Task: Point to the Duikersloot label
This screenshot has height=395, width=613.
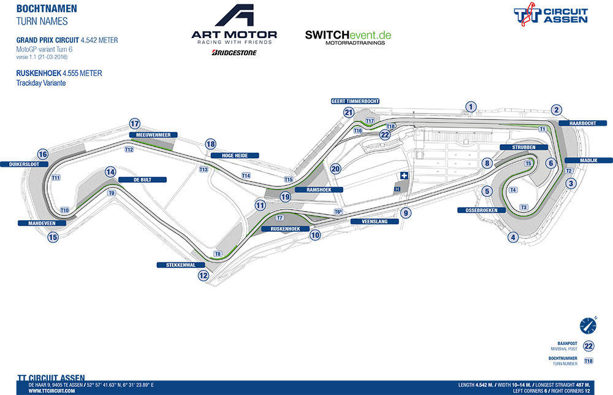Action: pyautogui.click(x=25, y=164)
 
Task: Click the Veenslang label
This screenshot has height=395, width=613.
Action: pyautogui.click(x=370, y=221)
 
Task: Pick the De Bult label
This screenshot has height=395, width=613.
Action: pyautogui.click(x=142, y=180)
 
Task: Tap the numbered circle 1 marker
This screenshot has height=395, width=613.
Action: pyautogui.click(x=470, y=107)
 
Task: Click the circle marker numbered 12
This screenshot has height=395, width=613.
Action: pyautogui.click(x=204, y=276)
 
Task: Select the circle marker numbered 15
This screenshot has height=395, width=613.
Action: pyautogui.click(x=53, y=237)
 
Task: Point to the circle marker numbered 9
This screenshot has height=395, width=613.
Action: pyautogui.click(x=405, y=213)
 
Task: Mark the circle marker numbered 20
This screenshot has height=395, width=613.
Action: pyautogui.click(x=335, y=169)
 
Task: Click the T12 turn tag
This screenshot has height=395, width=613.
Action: pyautogui.click(x=129, y=149)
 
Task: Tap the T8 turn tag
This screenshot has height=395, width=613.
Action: pyautogui.click(x=217, y=253)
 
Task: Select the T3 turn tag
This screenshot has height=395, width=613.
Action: pyautogui.click(x=524, y=207)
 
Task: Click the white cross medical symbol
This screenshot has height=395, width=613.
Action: pyautogui.click(x=404, y=176)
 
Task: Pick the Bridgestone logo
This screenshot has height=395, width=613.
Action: pyautogui.click(x=234, y=53)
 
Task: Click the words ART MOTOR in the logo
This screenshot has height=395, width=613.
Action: pyautogui.click(x=234, y=34)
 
